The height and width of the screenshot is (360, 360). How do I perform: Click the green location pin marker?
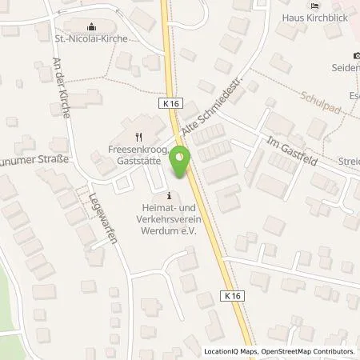[182, 162]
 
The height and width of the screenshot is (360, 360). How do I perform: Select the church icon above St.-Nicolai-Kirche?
[90, 24]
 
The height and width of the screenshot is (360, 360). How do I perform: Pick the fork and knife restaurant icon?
[138, 135]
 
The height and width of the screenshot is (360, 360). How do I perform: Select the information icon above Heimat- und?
[169, 195]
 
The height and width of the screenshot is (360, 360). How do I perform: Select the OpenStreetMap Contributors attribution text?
[308, 351]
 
